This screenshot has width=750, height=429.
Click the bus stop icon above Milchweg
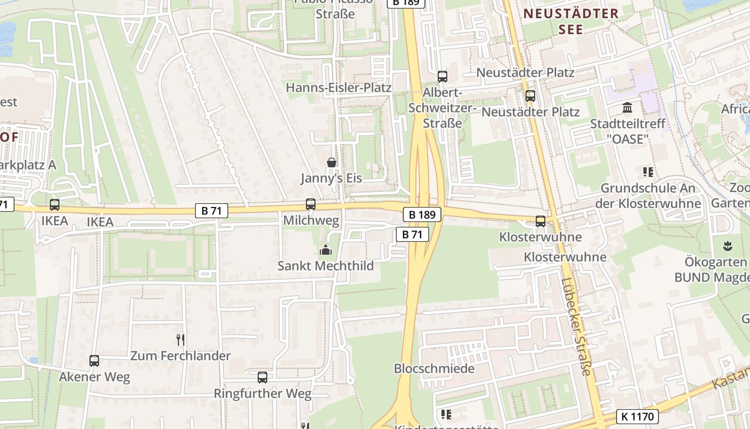coord(311,204)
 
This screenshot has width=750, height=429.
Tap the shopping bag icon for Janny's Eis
coord(332,162)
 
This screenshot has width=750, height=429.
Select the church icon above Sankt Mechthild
coord(325,250)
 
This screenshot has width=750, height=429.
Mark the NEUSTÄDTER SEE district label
coord(571,21)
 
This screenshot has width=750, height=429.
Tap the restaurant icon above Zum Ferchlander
coord(181,339)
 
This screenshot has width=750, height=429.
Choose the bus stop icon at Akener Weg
coord(94,361)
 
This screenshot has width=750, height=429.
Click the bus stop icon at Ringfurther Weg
coord(262,378)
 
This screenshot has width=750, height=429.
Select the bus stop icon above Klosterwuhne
coord(541,221)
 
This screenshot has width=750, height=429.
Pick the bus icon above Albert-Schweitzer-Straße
coord(442,77)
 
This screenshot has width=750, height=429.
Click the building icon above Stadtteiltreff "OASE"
coord(627,108)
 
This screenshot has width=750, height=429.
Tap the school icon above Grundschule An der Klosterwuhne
coord(648,172)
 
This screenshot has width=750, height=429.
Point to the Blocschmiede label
coord(434,368)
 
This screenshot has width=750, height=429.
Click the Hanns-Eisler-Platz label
coord(339,87)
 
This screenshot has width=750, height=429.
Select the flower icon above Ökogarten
coord(727,246)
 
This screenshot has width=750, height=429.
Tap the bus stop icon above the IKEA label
coord(55,204)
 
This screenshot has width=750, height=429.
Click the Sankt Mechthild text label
coord(325,265)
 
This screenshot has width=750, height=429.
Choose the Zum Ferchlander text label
coord(181,356)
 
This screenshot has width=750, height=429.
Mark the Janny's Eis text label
coord(331,178)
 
